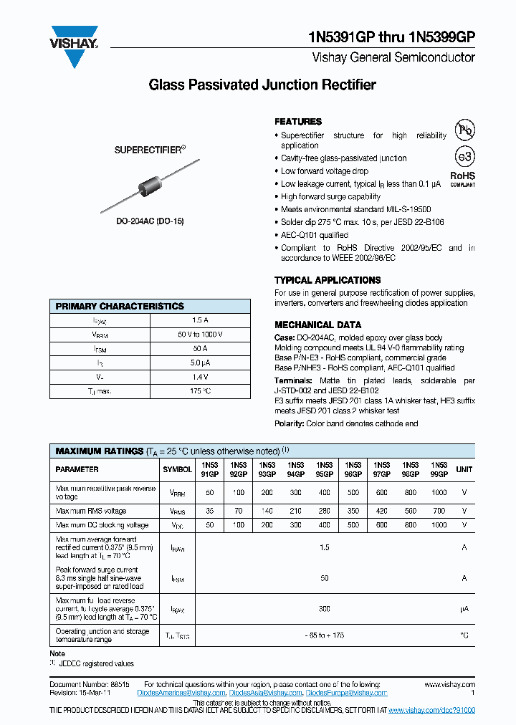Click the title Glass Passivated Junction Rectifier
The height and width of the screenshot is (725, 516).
pos(262,85)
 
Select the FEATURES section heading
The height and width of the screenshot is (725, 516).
pos(298,122)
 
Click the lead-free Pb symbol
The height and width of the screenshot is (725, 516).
pos(466,130)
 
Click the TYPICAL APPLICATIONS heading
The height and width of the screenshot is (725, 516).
pos(328,280)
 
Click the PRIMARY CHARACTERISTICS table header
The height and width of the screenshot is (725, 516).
pos(120,306)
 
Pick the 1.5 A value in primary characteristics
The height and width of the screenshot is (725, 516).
pos(201,321)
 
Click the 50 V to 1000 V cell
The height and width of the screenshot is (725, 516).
pos(201,335)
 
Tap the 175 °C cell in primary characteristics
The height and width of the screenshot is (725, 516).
pos(201,391)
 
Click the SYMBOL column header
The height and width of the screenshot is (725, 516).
pos(177,469)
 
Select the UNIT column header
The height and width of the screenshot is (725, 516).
pos(464,469)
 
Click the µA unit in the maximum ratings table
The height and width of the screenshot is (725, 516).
pos(464,609)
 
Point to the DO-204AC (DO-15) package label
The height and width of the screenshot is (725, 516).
pos(150,221)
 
